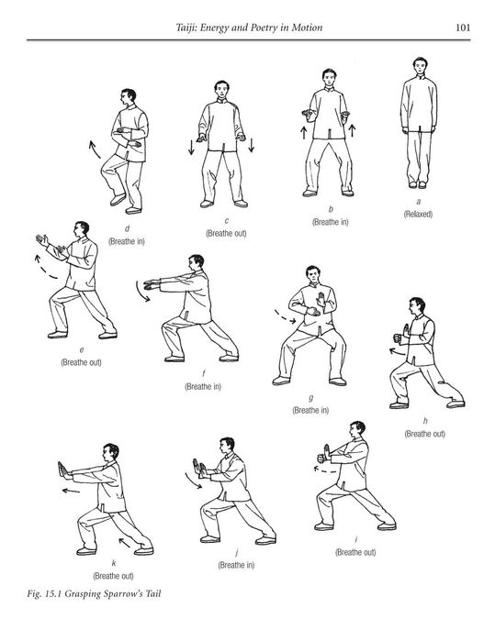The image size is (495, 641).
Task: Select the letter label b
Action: click(x=329, y=210)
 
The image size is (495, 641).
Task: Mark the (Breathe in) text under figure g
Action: click(x=311, y=410)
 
